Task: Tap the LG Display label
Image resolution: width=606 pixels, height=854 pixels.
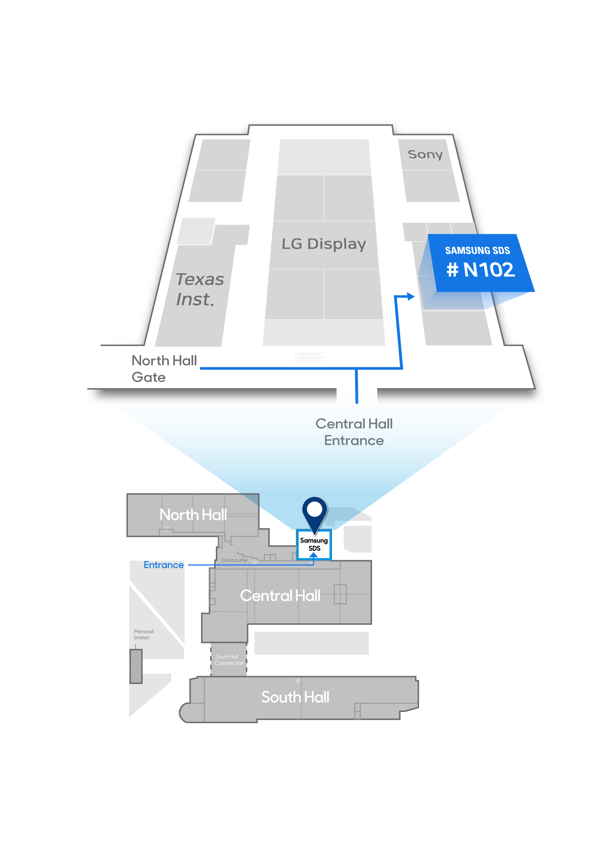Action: point(324,244)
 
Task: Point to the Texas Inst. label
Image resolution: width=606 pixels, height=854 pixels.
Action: point(200,289)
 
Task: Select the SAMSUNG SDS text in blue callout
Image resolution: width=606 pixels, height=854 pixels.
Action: point(477,250)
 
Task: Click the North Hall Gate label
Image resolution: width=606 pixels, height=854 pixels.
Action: point(164,368)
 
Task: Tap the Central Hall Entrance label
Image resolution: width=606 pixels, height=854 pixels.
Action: point(354,432)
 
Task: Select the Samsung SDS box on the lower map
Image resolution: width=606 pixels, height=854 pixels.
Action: point(314,544)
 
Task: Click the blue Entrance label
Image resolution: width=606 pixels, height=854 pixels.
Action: point(163,565)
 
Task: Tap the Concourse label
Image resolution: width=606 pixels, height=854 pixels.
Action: point(234,560)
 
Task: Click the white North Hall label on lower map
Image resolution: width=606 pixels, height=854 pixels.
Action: point(193,515)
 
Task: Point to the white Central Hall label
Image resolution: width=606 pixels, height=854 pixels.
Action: point(280,596)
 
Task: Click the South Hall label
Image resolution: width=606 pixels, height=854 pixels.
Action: point(295,697)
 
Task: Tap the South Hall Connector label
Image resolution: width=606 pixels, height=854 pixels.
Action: point(229,660)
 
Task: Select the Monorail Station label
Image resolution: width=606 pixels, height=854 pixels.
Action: point(143,634)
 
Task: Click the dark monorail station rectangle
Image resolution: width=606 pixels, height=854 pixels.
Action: point(136,666)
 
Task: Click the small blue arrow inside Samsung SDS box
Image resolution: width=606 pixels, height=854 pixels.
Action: point(313,555)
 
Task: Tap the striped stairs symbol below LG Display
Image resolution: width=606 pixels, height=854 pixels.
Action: point(310,357)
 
